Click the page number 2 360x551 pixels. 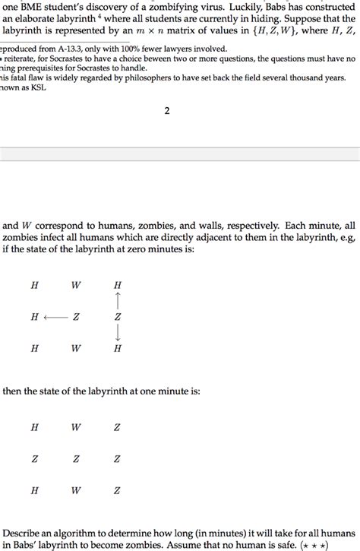(x=166, y=111)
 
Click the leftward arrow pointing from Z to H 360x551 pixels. (x=55, y=317)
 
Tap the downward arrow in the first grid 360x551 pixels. (x=117, y=333)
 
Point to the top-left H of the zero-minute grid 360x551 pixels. (x=34, y=285)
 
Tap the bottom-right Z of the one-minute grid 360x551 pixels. (x=117, y=490)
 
